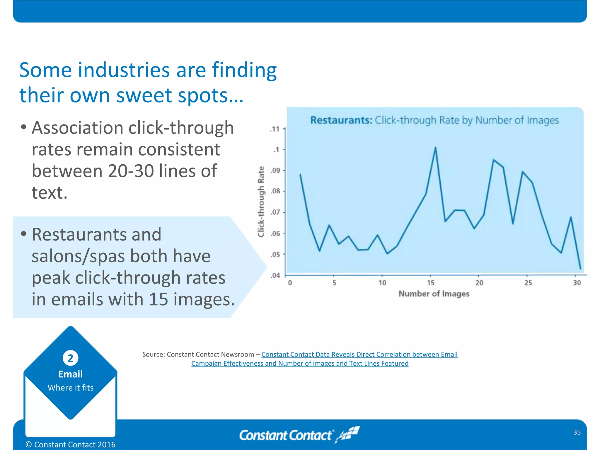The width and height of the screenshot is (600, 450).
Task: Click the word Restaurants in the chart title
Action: click(x=341, y=120)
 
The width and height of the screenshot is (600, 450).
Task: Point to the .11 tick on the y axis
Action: click(x=275, y=129)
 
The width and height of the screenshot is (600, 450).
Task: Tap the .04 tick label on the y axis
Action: click(x=275, y=275)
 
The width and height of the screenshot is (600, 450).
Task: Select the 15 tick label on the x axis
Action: click(x=430, y=283)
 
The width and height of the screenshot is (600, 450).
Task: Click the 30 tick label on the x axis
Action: click(x=577, y=283)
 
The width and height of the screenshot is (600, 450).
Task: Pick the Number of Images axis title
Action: click(x=434, y=294)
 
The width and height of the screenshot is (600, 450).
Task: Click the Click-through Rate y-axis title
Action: click(x=261, y=202)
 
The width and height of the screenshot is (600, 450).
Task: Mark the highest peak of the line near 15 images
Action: click(x=435, y=148)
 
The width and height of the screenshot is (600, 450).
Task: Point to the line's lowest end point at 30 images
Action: click(x=580, y=268)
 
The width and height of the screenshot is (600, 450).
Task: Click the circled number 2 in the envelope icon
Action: click(x=70, y=358)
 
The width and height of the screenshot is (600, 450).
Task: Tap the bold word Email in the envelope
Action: click(x=70, y=374)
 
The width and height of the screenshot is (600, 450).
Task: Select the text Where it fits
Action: click(x=70, y=388)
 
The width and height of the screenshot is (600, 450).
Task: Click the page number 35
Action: click(x=577, y=432)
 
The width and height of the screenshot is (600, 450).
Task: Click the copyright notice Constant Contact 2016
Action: click(x=71, y=444)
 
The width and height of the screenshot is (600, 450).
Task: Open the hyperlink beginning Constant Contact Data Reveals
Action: click(x=359, y=354)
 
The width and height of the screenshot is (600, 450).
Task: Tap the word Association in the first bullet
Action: click(x=78, y=128)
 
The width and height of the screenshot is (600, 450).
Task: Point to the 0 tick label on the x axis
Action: click(x=290, y=283)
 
